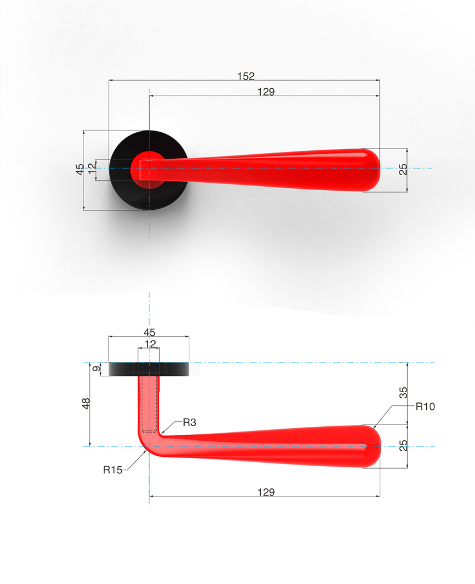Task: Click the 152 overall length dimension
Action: tap(246, 76)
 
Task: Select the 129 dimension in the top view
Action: tap(266, 92)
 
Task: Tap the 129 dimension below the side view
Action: tap(266, 492)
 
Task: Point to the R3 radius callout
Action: tap(189, 422)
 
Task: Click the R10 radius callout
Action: tap(425, 407)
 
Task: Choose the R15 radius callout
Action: tap(113, 470)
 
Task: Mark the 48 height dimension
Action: tap(86, 404)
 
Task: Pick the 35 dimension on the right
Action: tap(404, 393)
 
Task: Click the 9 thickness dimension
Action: tap(96, 368)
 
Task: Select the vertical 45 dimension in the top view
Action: tap(80, 169)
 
